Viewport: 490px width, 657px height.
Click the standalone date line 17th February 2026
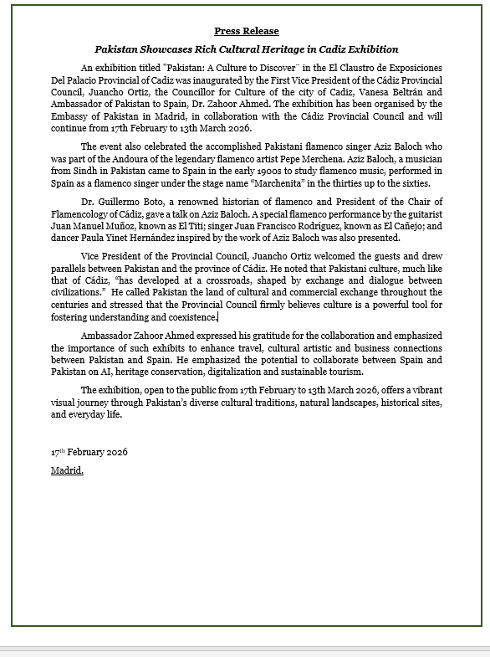[89, 452]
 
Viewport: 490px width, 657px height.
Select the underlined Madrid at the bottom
[67, 470]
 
